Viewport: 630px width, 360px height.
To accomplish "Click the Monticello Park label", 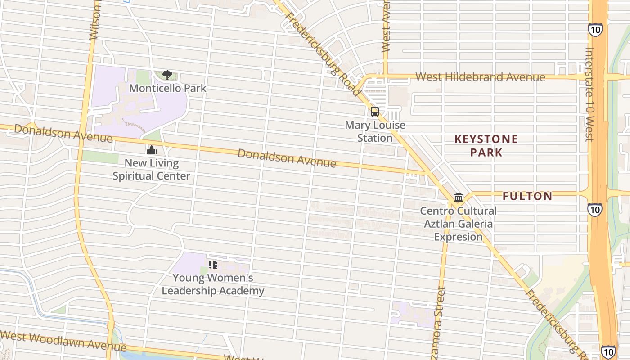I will tap(167, 88).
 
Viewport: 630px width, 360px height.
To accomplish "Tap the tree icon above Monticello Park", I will tap(167, 75).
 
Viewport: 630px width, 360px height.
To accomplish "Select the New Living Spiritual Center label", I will tap(152, 170).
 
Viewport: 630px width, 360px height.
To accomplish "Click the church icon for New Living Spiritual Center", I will tap(152, 149).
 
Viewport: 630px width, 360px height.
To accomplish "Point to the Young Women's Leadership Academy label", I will tap(213, 284).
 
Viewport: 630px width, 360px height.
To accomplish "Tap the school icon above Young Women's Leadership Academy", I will tap(213, 265).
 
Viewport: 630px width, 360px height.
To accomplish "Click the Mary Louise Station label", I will tap(375, 131).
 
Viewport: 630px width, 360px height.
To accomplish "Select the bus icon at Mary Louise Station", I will tap(375, 112).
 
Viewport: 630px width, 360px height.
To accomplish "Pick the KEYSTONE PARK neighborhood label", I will tap(486, 146).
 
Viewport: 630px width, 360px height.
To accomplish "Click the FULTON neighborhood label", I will tap(527, 196).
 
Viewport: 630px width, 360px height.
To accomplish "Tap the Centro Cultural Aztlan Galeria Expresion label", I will tap(458, 224).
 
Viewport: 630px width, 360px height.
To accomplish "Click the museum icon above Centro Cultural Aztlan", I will tap(459, 197).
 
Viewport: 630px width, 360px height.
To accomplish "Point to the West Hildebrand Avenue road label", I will tap(480, 77).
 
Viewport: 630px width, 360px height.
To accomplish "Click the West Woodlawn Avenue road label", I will tap(63, 342).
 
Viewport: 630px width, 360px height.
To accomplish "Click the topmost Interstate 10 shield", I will tap(594, 30).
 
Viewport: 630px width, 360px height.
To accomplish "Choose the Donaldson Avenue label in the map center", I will tap(287, 158).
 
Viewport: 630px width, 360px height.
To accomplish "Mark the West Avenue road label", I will tap(386, 27).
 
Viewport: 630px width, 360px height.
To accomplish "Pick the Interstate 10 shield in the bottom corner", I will tap(608, 351).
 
